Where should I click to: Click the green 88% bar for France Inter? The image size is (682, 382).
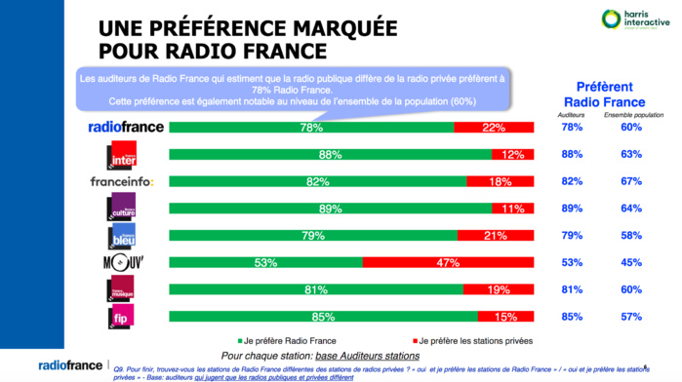tap(330, 154)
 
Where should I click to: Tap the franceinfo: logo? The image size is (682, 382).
tap(122, 181)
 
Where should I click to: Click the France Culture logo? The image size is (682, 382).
tap(122, 207)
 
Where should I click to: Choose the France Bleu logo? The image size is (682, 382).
tap(122, 235)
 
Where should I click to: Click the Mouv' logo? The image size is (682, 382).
tap(121, 262)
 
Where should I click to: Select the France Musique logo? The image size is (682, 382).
tap(121, 288)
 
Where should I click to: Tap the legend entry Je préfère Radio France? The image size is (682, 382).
tap(290, 340)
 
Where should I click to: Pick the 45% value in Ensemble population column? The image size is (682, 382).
tap(631, 262)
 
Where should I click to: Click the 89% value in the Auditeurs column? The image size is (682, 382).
tap(573, 208)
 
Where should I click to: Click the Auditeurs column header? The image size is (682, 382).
tap(572, 115)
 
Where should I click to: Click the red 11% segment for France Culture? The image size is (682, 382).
tap(512, 208)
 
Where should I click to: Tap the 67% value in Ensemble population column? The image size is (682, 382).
tap(631, 181)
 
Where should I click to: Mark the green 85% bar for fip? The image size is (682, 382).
tap(323, 316)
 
